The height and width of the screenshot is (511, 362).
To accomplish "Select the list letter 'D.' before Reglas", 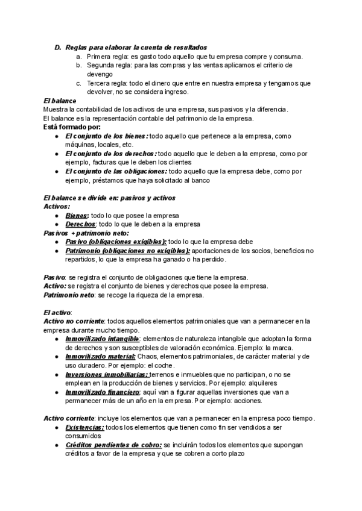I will pyautogui.click(x=58, y=47).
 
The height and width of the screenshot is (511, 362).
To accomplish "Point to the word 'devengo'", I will pyautogui.click(x=100, y=74).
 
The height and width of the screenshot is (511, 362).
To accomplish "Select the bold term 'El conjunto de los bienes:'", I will pyautogui.click(x=106, y=136).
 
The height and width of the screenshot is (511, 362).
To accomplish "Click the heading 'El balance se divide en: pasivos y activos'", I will pyautogui.click(x=109, y=198).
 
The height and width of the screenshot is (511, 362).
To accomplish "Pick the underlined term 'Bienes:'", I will pyautogui.click(x=77, y=216).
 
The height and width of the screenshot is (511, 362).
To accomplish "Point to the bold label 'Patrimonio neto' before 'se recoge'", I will pyautogui.click(x=69, y=295).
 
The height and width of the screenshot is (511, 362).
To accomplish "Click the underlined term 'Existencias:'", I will pyautogui.click(x=84, y=427).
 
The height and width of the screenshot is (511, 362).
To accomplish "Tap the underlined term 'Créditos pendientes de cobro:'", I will pyautogui.click(x=113, y=445).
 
